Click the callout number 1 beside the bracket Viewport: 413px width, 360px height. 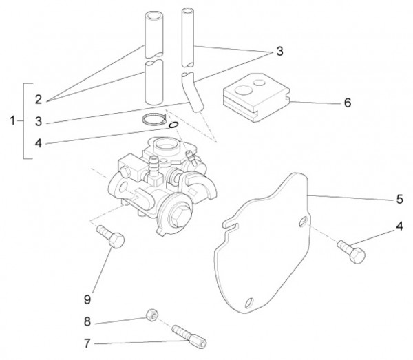point(12,121)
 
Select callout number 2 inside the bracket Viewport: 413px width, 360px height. point(39,100)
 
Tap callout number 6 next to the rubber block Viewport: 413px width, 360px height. point(348,103)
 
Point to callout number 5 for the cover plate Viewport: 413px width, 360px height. point(399,200)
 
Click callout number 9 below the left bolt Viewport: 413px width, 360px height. point(87,299)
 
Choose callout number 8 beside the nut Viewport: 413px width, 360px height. point(87,321)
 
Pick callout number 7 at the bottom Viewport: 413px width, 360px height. point(87,343)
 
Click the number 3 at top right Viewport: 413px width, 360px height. point(279,51)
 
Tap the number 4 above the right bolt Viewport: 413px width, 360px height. point(399,226)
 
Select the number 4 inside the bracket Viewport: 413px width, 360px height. point(39,143)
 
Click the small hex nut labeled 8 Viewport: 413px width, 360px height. point(152,314)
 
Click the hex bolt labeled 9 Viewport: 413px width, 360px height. point(111,236)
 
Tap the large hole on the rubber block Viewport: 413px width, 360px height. point(244,90)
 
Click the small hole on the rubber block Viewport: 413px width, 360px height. point(260,83)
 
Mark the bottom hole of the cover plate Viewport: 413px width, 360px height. point(249,303)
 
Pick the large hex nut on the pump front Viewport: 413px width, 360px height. point(179,217)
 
